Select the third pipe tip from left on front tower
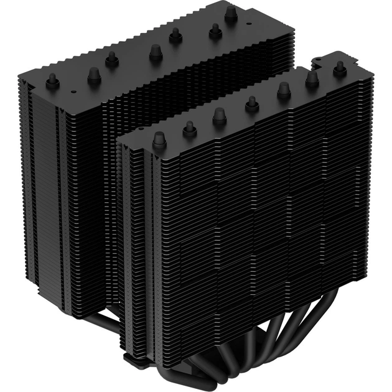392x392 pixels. [x=219, y=115]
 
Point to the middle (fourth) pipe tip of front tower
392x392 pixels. [x=252, y=104]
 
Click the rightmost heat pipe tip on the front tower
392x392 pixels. [x=339, y=68]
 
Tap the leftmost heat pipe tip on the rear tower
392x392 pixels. [x=53, y=81]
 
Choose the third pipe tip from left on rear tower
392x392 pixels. [x=112, y=59]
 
